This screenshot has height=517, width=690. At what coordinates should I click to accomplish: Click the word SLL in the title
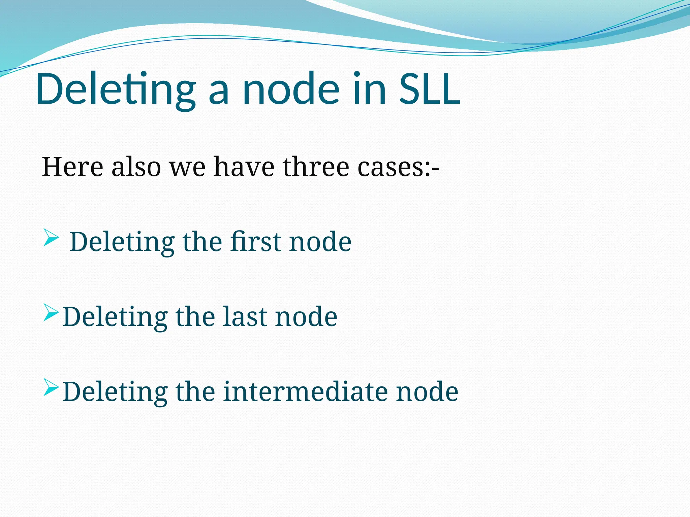tap(430, 89)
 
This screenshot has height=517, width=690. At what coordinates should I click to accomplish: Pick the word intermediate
tap(305, 392)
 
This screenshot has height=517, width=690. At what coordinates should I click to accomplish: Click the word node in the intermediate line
tap(427, 392)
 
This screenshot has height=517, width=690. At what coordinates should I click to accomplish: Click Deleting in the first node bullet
tap(122, 242)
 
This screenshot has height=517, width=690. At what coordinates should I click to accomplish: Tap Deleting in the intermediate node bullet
tap(115, 392)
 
